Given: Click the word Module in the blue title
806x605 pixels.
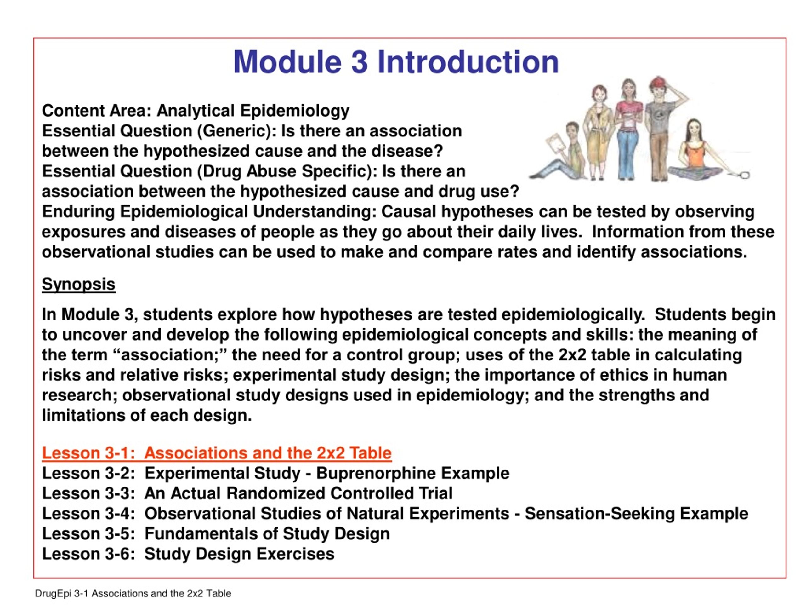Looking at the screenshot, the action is pos(287,62).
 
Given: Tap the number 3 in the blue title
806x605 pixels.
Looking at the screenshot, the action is pos(359,62).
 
